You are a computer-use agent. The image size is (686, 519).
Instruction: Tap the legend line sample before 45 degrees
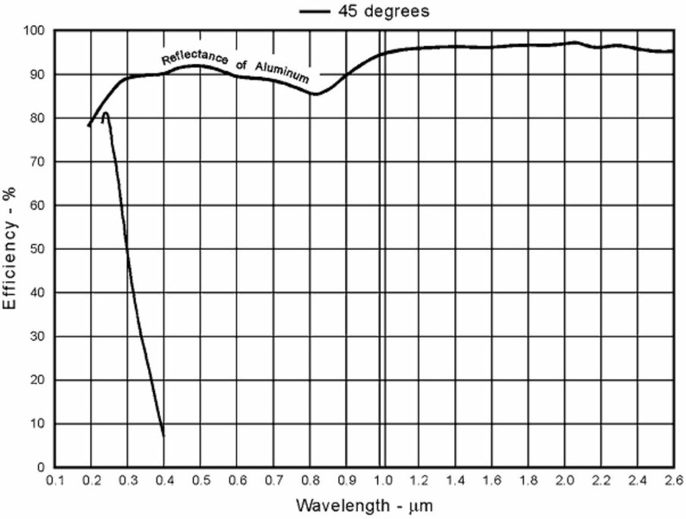318,12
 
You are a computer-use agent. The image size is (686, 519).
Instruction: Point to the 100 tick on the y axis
34,31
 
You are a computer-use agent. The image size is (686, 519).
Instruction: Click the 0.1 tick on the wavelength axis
55,479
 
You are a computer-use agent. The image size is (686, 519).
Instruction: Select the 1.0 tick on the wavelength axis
381,479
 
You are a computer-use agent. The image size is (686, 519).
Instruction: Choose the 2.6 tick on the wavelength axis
672,479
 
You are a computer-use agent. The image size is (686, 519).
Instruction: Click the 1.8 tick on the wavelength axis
527,479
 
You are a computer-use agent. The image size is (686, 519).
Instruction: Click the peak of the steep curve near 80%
106,113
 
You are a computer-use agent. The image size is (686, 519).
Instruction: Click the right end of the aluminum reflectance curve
672,52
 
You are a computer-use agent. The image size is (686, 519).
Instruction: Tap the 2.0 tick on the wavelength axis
563,479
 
